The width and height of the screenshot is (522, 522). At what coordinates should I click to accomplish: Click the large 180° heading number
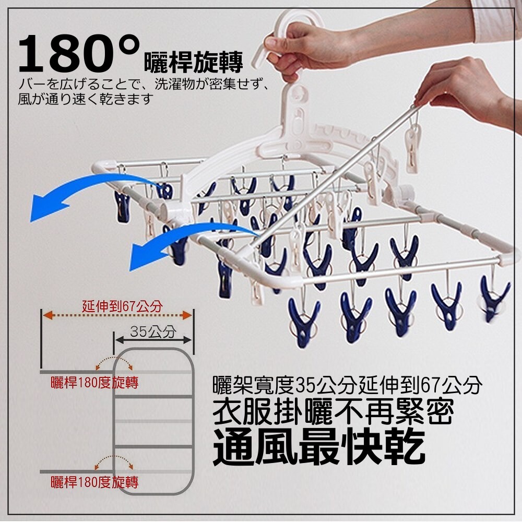79,53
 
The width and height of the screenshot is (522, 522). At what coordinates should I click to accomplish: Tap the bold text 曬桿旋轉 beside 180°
194,62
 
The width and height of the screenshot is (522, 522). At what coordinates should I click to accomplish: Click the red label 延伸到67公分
123,306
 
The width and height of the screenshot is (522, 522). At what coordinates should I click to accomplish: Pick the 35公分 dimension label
153,331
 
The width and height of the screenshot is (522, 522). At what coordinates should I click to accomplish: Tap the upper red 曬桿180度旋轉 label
94,383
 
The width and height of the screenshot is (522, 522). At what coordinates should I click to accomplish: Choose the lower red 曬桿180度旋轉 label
94,482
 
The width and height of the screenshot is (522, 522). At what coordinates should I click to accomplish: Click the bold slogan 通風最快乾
319,446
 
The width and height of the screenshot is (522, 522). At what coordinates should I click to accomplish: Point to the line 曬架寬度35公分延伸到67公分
347,385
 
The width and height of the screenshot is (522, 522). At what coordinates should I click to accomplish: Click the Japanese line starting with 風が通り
86,99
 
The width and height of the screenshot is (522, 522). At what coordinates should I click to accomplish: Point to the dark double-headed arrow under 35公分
153,340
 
